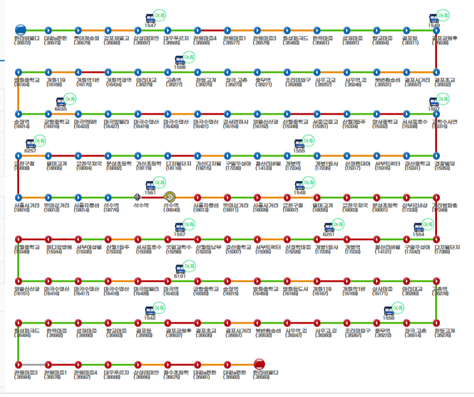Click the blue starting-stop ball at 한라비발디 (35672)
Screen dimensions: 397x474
tap(20, 29)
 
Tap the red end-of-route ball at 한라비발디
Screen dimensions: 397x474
tap(259, 364)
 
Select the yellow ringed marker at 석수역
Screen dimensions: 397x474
tap(170, 196)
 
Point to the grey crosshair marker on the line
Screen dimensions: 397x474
tap(138, 196)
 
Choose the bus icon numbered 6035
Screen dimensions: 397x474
tap(60, 102)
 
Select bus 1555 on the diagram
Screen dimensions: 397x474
tap(298, 144)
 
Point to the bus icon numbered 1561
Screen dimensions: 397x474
tap(150, 186)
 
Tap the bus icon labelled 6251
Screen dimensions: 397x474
tap(328, 227)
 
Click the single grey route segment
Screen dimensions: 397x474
tap(33, 364)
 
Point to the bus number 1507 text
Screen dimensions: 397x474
tap(434, 110)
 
